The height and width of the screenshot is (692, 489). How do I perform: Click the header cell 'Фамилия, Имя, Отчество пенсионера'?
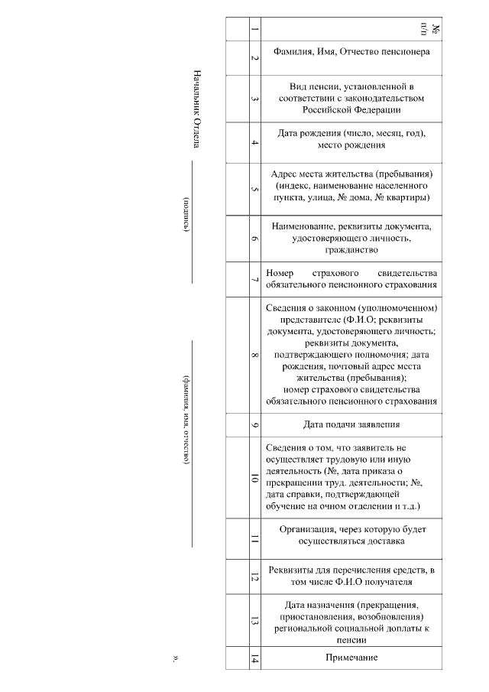point(351,52)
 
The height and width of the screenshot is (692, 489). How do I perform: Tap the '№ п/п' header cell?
point(351,29)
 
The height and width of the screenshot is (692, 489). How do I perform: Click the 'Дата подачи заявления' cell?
point(351,424)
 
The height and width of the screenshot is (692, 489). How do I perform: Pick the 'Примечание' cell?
point(351,658)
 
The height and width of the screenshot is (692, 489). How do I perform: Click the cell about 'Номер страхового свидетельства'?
point(351,279)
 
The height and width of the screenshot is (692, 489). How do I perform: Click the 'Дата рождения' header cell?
point(351,138)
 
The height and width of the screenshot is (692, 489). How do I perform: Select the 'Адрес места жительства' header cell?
point(351,186)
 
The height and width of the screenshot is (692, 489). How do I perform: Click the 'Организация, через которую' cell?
point(351,535)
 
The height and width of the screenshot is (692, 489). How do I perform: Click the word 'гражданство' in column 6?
point(351,249)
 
